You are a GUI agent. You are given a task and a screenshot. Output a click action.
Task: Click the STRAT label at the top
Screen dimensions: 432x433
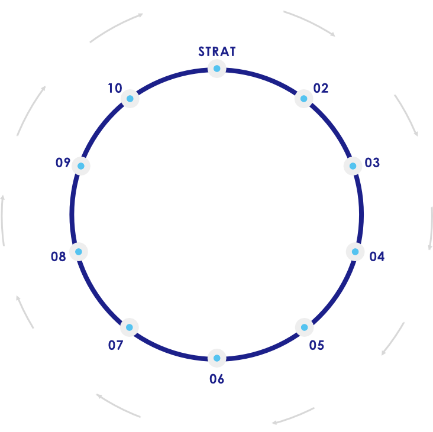(x=217, y=51)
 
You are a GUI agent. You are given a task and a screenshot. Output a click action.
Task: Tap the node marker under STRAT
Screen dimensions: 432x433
(x=217, y=69)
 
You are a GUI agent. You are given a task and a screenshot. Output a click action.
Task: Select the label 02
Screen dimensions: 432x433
(x=321, y=89)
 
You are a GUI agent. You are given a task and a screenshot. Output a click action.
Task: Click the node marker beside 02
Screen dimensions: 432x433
(x=303, y=98)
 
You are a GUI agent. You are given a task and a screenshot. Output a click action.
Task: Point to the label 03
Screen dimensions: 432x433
(x=372, y=163)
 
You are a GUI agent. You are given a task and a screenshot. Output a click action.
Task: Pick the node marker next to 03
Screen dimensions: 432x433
(x=353, y=166)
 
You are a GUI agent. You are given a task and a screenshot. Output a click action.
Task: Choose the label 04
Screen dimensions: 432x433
(x=377, y=256)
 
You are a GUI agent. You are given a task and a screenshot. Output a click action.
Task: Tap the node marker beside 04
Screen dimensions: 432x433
(x=355, y=252)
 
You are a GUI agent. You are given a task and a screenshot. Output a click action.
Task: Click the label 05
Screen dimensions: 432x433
(x=316, y=345)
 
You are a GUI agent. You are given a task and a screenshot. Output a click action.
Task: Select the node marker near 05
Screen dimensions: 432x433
(x=304, y=327)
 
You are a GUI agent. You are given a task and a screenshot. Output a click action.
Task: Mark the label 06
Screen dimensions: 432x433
(x=217, y=379)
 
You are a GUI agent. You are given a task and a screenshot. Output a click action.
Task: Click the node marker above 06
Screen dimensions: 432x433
(x=217, y=358)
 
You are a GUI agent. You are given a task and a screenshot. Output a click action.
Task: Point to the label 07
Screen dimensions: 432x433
(x=115, y=345)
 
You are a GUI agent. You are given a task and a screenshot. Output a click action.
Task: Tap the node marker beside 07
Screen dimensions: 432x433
(x=130, y=327)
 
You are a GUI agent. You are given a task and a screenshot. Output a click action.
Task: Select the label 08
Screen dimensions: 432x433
(x=58, y=256)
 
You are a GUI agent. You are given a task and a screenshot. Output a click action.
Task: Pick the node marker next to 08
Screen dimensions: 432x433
(x=79, y=252)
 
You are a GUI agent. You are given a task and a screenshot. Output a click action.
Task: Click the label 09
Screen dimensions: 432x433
(x=63, y=163)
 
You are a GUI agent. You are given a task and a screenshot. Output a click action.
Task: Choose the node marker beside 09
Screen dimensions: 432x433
(x=81, y=166)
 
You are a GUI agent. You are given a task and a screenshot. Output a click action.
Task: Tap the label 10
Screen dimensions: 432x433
(x=114, y=89)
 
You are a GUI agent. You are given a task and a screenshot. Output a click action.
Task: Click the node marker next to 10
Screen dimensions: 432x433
(x=130, y=98)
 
